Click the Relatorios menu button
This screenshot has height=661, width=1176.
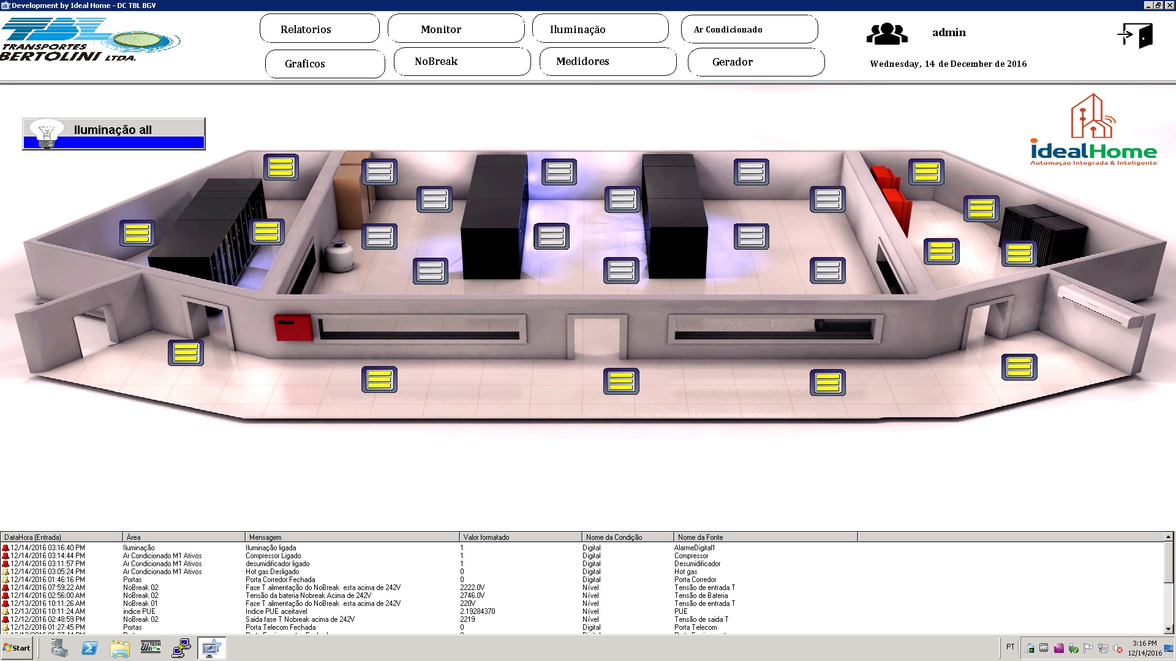[319, 29]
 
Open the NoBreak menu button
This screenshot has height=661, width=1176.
[462, 61]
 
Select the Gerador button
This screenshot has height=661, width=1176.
[756, 62]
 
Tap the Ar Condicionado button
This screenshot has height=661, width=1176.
[749, 29]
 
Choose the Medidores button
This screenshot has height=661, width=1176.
[608, 61]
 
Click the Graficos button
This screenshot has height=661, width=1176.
[325, 64]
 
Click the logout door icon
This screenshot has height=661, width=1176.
[1135, 35]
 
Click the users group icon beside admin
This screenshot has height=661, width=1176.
[886, 34]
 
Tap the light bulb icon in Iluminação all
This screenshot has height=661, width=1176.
[47, 133]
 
